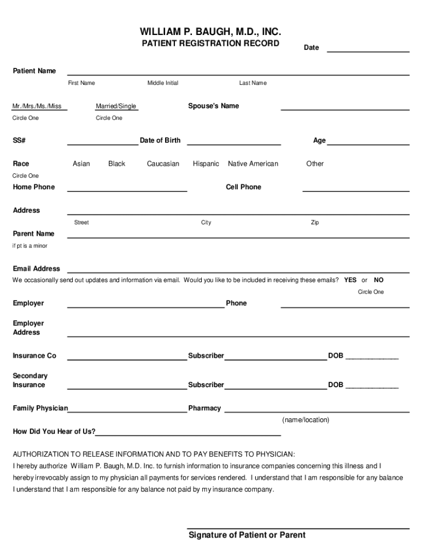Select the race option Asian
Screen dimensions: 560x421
tap(81, 164)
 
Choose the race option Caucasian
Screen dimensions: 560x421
tap(163, 164)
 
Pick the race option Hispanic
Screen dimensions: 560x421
tap(206, 164)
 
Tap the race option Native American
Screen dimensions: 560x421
tap(253, 164)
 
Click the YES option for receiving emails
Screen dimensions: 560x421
tap(350, 280)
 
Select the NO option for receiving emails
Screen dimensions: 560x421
tap(379, 280)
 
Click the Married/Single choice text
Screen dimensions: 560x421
tap(116, 106)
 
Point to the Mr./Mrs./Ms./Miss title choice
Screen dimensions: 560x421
tap(37, 106)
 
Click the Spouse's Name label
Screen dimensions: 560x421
tap(213, 106)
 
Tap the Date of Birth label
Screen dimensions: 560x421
tap(160, 141)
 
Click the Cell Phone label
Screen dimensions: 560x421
tap(243, 187)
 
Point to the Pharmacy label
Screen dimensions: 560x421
tap(204, 408)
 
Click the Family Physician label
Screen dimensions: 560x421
tap(40, 408)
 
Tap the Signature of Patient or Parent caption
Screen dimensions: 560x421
tap(247, 535)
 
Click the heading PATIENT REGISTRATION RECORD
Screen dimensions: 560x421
tap(210, 43)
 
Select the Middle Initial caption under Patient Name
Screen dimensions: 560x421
tap(162, 83)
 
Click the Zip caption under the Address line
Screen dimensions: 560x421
tap(315, 223)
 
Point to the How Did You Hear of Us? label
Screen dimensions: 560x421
tap(54, 431)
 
